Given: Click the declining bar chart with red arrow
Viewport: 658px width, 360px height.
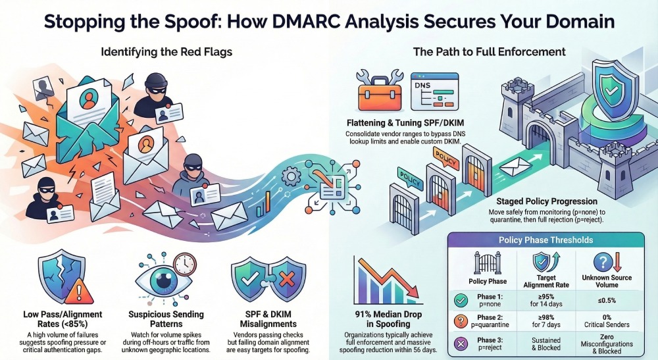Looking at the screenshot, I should pos(384,279).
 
